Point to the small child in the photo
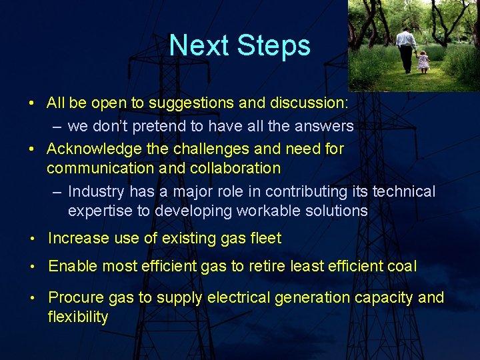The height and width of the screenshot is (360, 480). (x=423, y=61)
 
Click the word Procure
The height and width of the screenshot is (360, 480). (x=75, y=297)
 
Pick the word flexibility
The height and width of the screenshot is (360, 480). (x=77, y=317)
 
